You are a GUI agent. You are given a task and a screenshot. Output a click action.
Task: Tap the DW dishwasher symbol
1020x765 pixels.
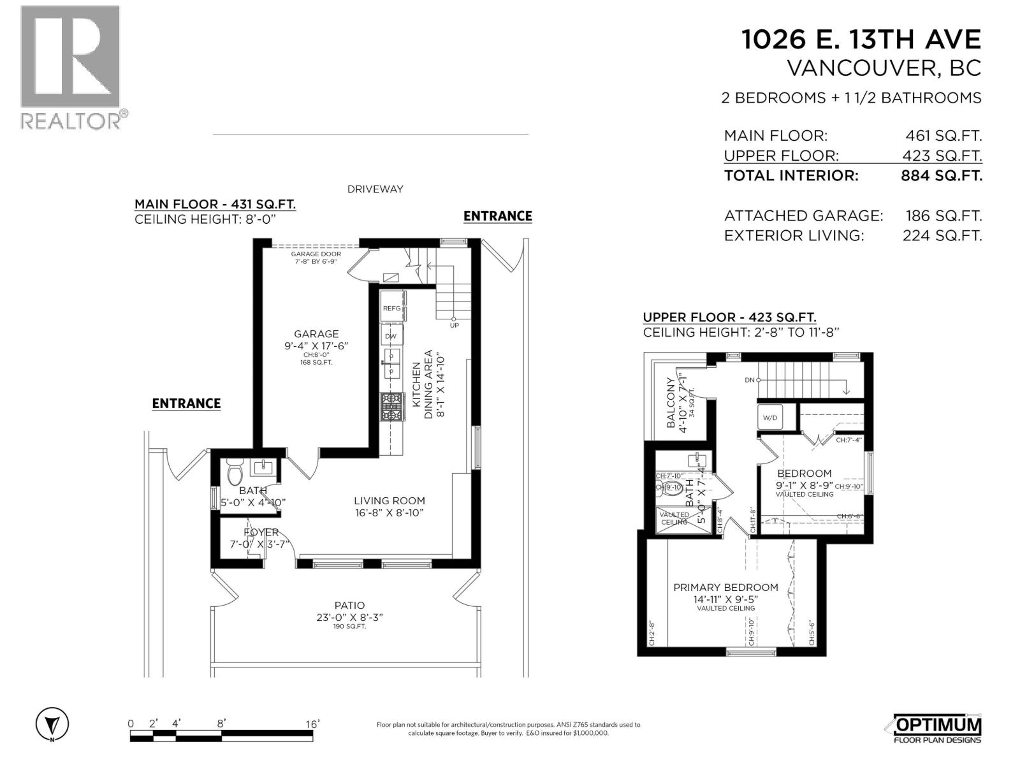pos(391,336)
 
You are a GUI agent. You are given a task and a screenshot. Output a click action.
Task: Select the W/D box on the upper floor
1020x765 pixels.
pos(770,418)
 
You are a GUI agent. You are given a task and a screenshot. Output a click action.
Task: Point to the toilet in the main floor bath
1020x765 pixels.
pos(235,472)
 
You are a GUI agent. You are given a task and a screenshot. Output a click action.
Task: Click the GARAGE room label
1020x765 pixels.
pos(316,334)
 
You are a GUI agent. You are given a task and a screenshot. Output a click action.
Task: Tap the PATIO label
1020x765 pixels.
pos(350,606)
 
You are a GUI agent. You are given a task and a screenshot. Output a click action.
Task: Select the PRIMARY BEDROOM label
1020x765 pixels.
pos(725,587)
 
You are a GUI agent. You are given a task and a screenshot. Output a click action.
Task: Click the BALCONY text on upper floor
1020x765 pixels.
pos(671,403)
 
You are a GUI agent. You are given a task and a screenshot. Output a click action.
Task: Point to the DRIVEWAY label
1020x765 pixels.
pos(375,189)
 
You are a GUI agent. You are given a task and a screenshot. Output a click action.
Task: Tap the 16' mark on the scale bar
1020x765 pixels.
pos(312,724)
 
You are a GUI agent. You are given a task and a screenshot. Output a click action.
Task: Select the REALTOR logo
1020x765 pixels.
pos(70,67)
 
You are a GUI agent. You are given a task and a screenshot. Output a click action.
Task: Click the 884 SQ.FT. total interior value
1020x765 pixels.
pos(941,175)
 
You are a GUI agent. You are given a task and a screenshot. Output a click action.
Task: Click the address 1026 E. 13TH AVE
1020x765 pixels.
pos(861,40)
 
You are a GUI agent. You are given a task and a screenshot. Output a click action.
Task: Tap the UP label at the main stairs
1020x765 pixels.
pos(454,325)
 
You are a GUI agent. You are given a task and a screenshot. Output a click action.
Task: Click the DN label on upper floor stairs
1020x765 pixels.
pos(749,380)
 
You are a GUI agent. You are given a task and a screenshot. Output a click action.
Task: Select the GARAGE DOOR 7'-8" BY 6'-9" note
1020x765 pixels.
pos(316,258)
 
